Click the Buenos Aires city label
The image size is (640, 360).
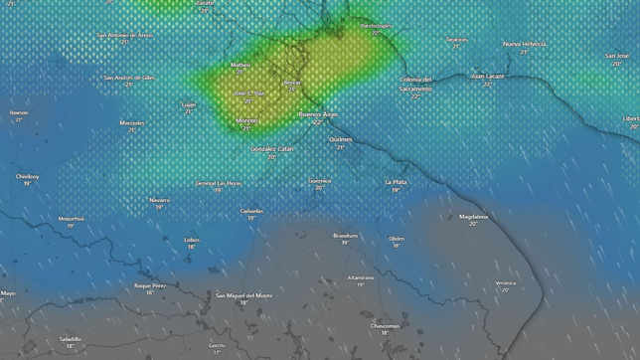(317, 114)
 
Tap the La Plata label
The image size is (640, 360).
(396, 182)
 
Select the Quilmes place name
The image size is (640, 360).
(340, 139)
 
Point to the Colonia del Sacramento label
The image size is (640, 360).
(415, 84)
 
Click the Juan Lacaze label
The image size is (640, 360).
(488, 76)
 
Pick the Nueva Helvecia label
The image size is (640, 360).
(525, 45)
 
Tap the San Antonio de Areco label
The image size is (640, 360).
(125, 35)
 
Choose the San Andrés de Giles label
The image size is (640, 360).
(129, 77)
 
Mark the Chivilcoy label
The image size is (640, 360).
(27, 176)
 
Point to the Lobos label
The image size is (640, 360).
(192, 239)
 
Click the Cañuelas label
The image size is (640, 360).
(251, 211)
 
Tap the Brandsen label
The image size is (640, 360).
(345, 235)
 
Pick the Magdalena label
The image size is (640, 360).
(474, 216)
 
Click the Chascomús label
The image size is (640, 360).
(385, 325)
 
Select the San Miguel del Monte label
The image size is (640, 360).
(243, 295)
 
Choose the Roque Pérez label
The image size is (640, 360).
(150, 284)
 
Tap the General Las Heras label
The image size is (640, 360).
(219, 183)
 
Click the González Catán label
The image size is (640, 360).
(272, 148)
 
